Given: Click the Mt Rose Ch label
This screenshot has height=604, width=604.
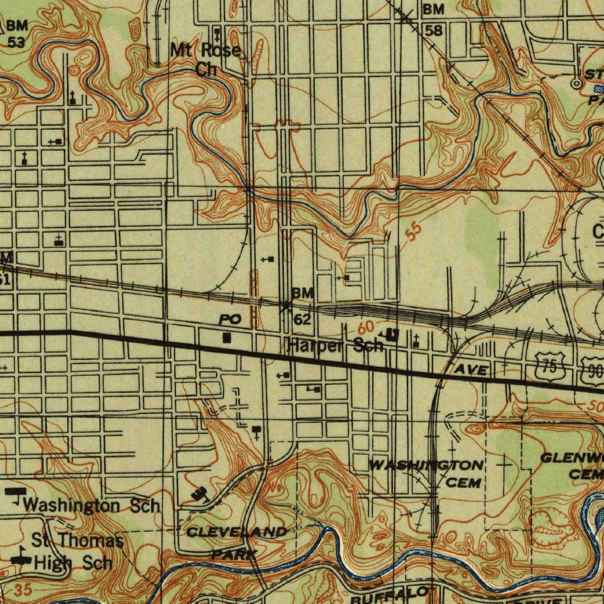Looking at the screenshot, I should point(205,60).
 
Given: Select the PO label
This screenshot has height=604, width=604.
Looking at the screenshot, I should point(229,320).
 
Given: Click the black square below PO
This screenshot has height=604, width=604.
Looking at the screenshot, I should point(227,338).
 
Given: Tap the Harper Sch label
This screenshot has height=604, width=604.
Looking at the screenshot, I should point(335,346).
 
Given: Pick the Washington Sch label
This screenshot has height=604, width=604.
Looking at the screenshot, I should point(91,505).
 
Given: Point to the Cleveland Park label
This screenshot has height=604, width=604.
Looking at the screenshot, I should point(235,542).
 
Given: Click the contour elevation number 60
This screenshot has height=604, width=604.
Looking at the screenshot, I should point(366,326).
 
